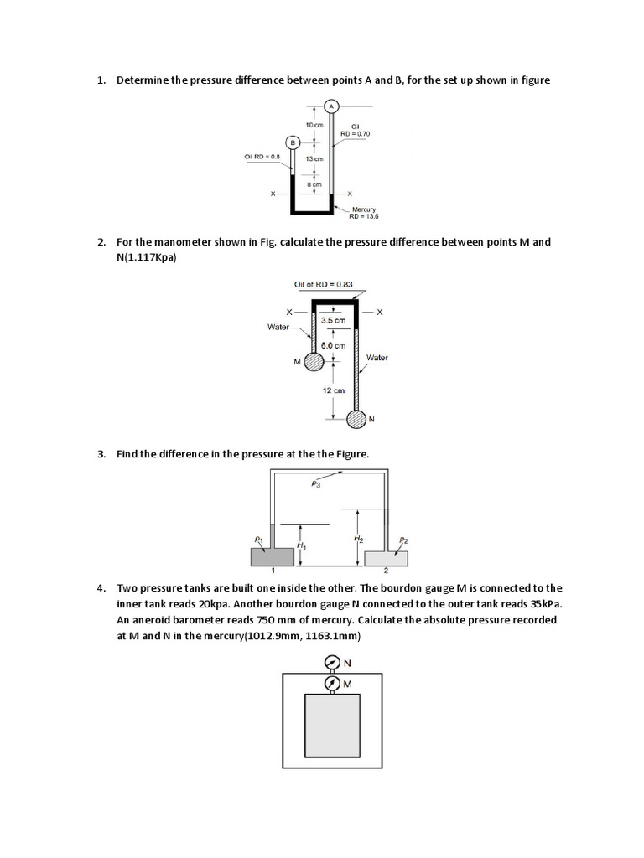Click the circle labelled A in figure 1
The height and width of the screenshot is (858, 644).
[331, 106]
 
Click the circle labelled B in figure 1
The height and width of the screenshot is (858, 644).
[293, 143]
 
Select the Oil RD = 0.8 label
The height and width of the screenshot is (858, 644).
[262, 156]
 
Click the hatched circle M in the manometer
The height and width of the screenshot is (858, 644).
[314, 362]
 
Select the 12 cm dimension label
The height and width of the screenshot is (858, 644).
[334, 390]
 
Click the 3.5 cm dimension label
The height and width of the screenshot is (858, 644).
[334, 319]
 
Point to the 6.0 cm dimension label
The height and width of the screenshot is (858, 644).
[334, 345]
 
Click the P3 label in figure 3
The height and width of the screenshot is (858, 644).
[316, 483]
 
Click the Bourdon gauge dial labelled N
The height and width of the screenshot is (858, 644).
[331, 663]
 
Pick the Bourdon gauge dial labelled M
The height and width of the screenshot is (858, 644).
[331, 684]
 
